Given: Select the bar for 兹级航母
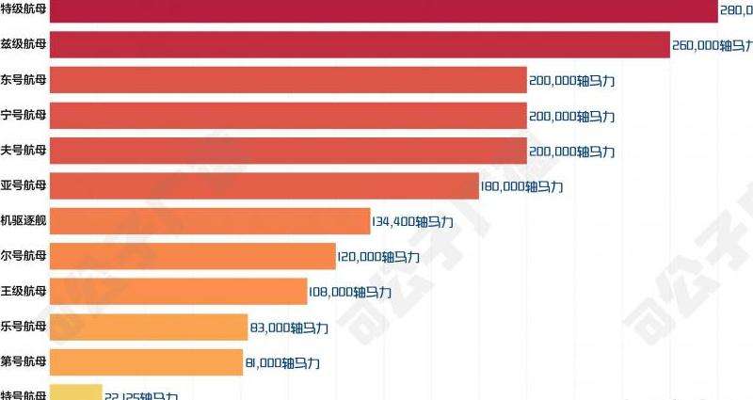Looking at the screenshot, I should point(359,44).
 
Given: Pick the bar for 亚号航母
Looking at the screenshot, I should point(264,185).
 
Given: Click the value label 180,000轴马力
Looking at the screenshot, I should point(522,186).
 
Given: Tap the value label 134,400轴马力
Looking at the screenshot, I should point(414,222).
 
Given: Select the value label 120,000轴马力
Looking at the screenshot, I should point(379,257).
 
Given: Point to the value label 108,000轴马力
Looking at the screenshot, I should point(351,293).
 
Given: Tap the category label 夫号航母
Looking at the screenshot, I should point(24,151).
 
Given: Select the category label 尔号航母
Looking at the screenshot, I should point(24,256).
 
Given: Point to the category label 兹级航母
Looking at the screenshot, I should point(24,44).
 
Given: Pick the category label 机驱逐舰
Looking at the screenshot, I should point(24,221).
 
